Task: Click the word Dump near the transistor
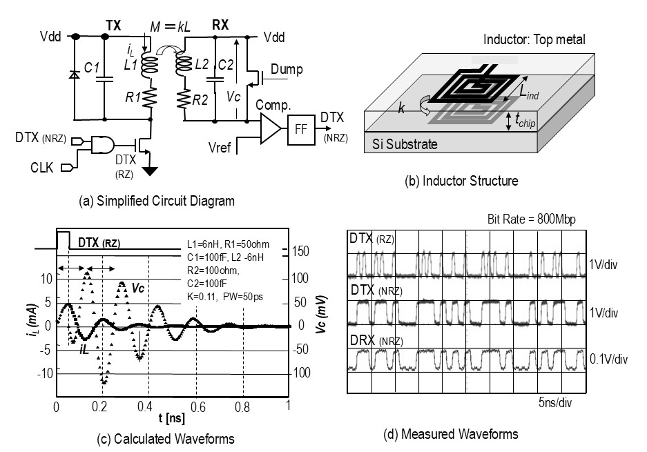coord(287,70)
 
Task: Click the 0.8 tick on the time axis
coord(242,406)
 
